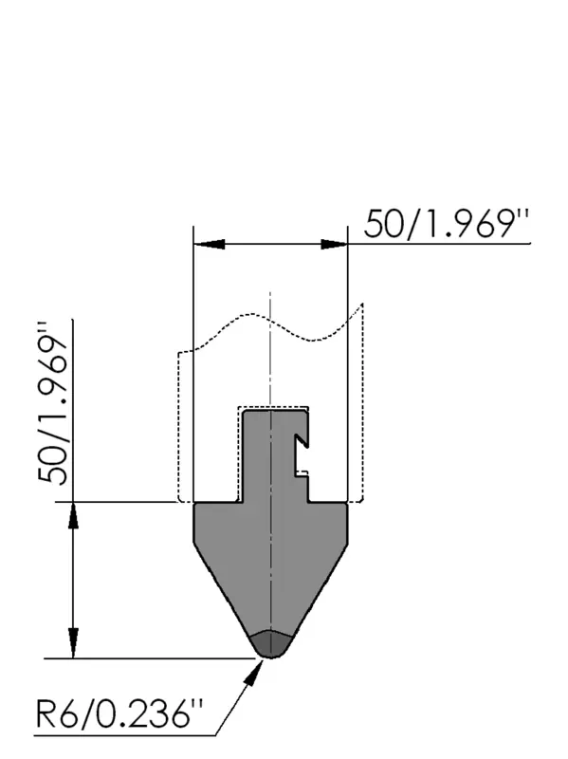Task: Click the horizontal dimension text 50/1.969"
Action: (x=446, y=224)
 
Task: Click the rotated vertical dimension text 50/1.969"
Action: (x=53, y=401)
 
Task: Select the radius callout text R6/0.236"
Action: (x=119, y=713)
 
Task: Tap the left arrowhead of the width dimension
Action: (x=209, y=244)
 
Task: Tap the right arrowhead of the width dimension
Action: (x=335, y=244)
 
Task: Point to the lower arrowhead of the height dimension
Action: (x=73, y=644)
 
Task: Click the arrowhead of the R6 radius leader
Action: (x=253, y=673)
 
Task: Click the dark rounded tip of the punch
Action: (x=271, y=644)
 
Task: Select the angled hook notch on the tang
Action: (x=302, y=440)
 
